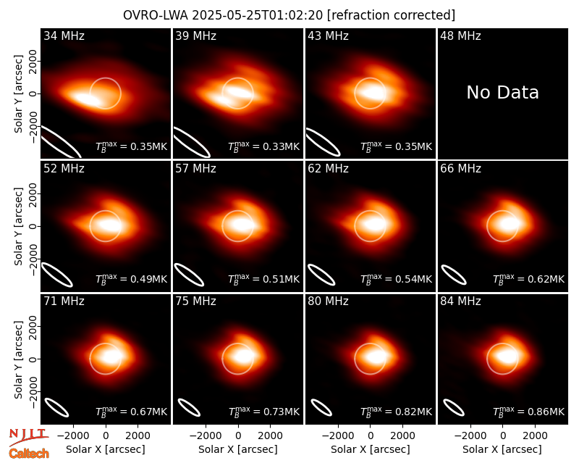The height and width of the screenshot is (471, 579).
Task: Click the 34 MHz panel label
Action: (64, 36)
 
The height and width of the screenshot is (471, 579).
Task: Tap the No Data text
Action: (502, 93)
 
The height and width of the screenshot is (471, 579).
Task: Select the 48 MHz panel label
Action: (460, 36)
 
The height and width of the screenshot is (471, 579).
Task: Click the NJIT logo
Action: (28, 437)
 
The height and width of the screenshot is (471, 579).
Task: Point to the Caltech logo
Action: (29, 454)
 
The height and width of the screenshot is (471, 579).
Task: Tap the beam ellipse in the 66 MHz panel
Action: (454, 275)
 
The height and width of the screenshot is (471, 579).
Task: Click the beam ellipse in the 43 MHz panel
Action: (323, 142)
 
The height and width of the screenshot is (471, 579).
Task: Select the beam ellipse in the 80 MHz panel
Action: (321, 407)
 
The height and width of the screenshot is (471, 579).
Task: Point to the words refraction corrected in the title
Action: (392, 15)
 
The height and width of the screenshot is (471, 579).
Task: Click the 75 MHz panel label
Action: (195, 301)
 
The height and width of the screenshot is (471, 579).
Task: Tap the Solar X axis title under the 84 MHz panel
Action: (502, 449)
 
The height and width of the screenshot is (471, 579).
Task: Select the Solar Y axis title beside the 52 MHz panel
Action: (18, 226)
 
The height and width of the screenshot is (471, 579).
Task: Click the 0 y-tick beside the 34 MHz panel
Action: (33, 93)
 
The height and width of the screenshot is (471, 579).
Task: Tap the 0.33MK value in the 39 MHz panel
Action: (281, 146)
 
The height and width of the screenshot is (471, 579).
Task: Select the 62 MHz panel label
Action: (329, 169)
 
